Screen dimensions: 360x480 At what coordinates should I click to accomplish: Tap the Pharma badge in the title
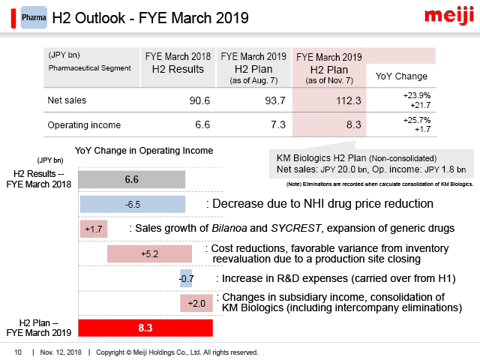(x=33, y=16)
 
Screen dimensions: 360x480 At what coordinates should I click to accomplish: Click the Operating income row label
(x=83, y=125)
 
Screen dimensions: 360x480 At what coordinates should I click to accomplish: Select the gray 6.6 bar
(x=131, y=180)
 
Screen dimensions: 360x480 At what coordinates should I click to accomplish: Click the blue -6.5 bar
(x=131, y=205)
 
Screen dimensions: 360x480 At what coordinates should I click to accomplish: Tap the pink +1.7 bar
(x=94, y=229)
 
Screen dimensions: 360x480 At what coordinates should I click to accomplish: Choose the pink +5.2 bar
(x=149, y=254)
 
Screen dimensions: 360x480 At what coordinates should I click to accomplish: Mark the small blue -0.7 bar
(x=186, y=278)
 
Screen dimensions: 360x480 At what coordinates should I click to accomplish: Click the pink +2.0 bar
(x=196, y=302)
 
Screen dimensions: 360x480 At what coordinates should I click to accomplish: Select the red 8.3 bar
(x=145, y=328)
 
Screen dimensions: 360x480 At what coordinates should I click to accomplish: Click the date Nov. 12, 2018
(x=61, y=352)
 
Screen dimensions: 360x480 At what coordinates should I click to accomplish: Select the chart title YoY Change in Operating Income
(x=143, y=151)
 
